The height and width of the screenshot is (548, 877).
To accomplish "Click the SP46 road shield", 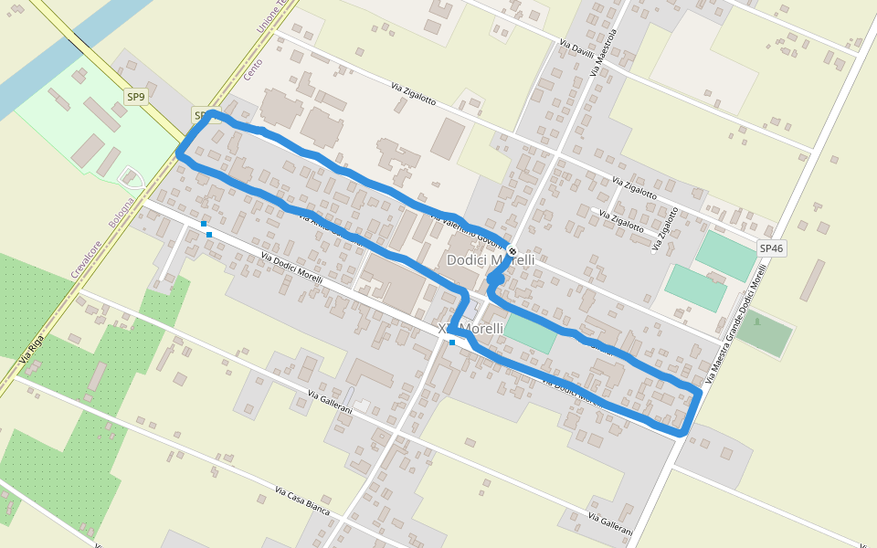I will tap(771, 248).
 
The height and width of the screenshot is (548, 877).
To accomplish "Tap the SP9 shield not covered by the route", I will tap(136, 97).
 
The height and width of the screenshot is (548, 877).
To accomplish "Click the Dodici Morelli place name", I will tap(491, 260).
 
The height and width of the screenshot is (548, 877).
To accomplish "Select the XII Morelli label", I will tap(471, 329).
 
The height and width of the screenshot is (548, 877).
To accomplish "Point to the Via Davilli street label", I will tap(576, 48).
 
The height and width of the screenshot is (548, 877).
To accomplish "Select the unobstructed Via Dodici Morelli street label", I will tap(291, 268).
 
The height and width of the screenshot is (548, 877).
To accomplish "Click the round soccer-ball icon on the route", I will tap(513, 251).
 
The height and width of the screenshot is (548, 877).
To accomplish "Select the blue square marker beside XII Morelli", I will tap(452, 342).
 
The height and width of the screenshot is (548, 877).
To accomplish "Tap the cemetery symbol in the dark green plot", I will tap(757, 321).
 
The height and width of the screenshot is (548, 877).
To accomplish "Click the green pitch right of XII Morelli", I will tap(530, 332).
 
